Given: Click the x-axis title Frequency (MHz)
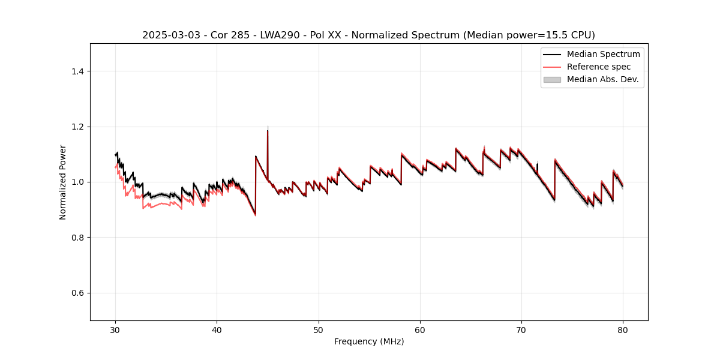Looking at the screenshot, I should coord(369,341).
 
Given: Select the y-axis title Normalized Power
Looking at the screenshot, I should coord(63,182).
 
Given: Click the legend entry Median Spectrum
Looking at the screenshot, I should coord(603,54).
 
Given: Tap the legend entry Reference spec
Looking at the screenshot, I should coord(599,67).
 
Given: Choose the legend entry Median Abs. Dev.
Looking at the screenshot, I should coord(602,79).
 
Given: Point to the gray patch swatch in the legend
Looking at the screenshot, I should coord(552,79).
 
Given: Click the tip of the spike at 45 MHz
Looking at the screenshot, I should coord(268,131).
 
